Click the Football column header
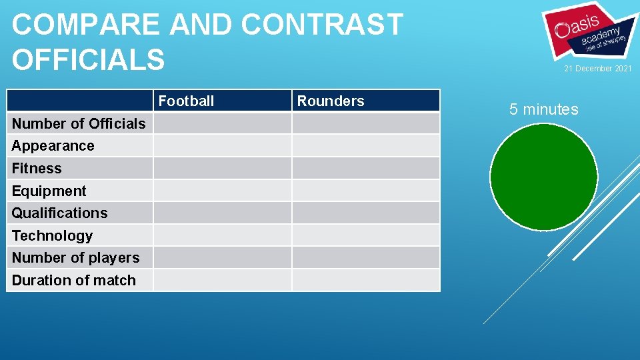[186, 101]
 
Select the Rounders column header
[331, 101]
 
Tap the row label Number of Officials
[79, 123]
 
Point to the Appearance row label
[53, 146]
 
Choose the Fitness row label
[37, 169]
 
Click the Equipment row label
[49, 191]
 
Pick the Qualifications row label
[60, 213]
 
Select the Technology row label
[53, 236]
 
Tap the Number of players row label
[76, 258]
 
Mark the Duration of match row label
[74, 281]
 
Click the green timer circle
[543, 177]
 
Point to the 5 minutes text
[544, 109]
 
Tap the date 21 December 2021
[598, 69]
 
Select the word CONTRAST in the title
[322, 25]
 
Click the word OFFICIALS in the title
[88, 59]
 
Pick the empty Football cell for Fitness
[223, 169]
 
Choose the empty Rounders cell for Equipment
[366, 191]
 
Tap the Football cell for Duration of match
[223, 281]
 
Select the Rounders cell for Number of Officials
[366, 123]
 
